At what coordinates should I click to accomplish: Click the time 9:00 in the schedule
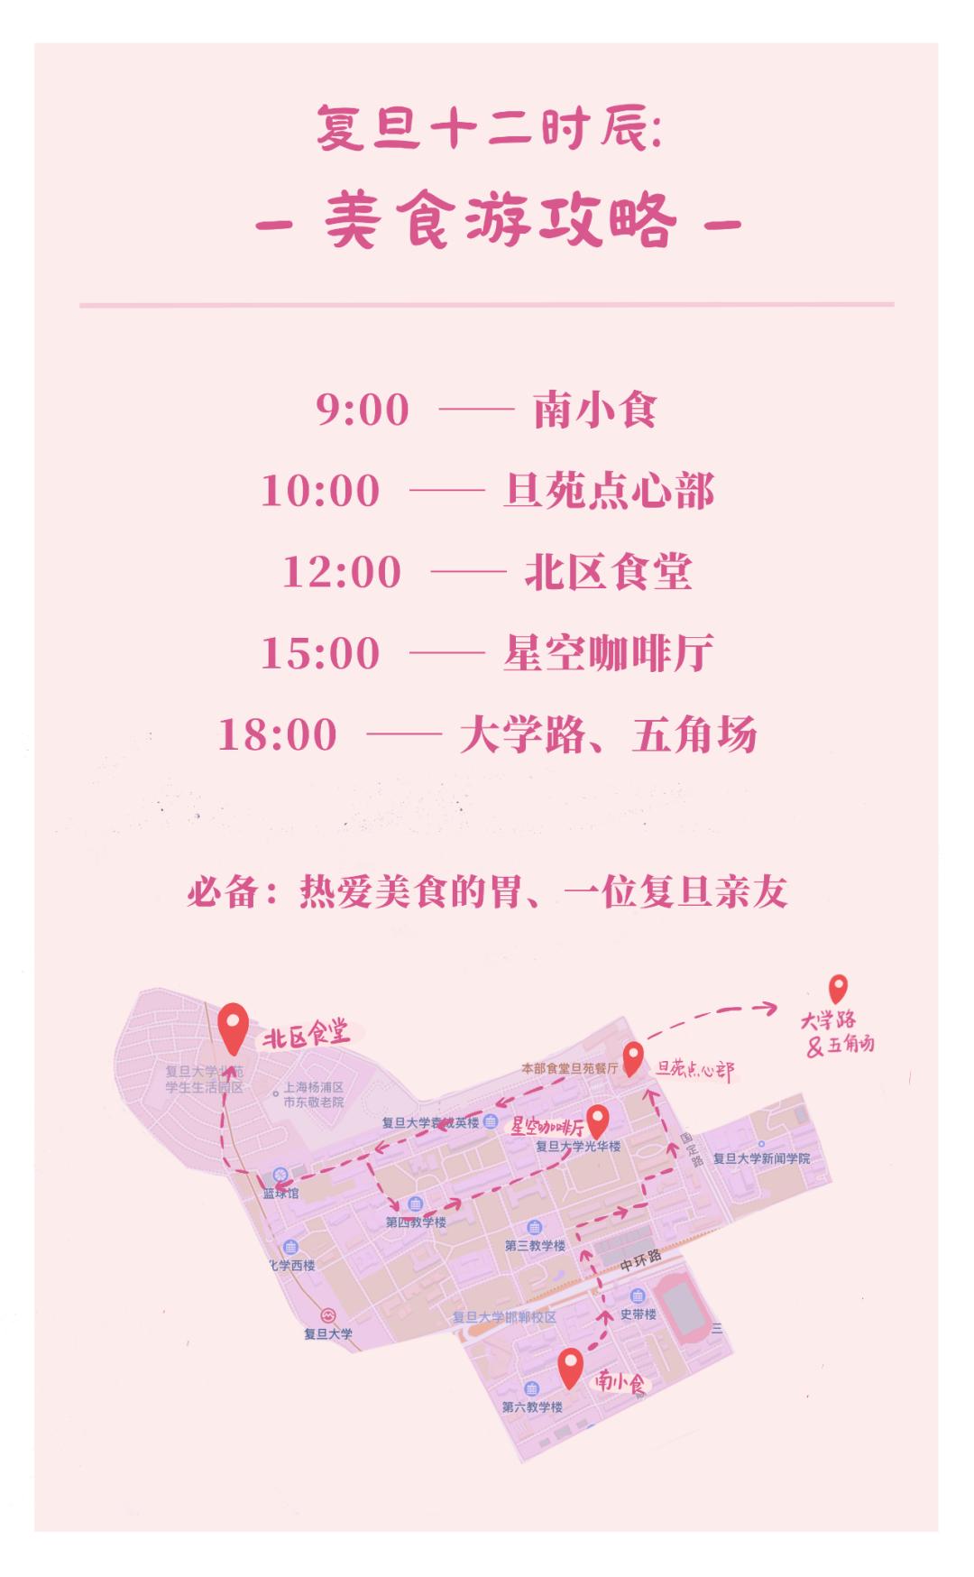point(363,410)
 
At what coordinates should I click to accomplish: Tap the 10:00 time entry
point(320,491)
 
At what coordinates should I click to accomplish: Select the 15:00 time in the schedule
point(320,653)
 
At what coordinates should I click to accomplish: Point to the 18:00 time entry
point(278,734)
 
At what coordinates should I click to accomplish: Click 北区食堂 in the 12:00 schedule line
point(608,572)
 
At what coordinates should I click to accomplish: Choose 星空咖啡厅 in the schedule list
point(608,653)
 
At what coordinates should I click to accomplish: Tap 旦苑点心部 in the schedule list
point(608,491)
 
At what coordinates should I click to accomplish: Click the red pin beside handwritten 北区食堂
point(234,1028)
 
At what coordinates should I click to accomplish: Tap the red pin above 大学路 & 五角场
point(838,989)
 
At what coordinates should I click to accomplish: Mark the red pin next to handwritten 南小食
point(569,1367)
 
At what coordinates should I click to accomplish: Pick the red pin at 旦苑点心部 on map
point(633,1057)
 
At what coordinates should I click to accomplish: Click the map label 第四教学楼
point(416,1222)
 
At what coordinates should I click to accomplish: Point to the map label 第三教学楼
point(535,1246)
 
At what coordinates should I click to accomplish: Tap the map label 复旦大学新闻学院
point(761,1158)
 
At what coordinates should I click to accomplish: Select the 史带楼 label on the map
point(639,1314)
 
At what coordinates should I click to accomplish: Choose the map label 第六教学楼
point(532,1406)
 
